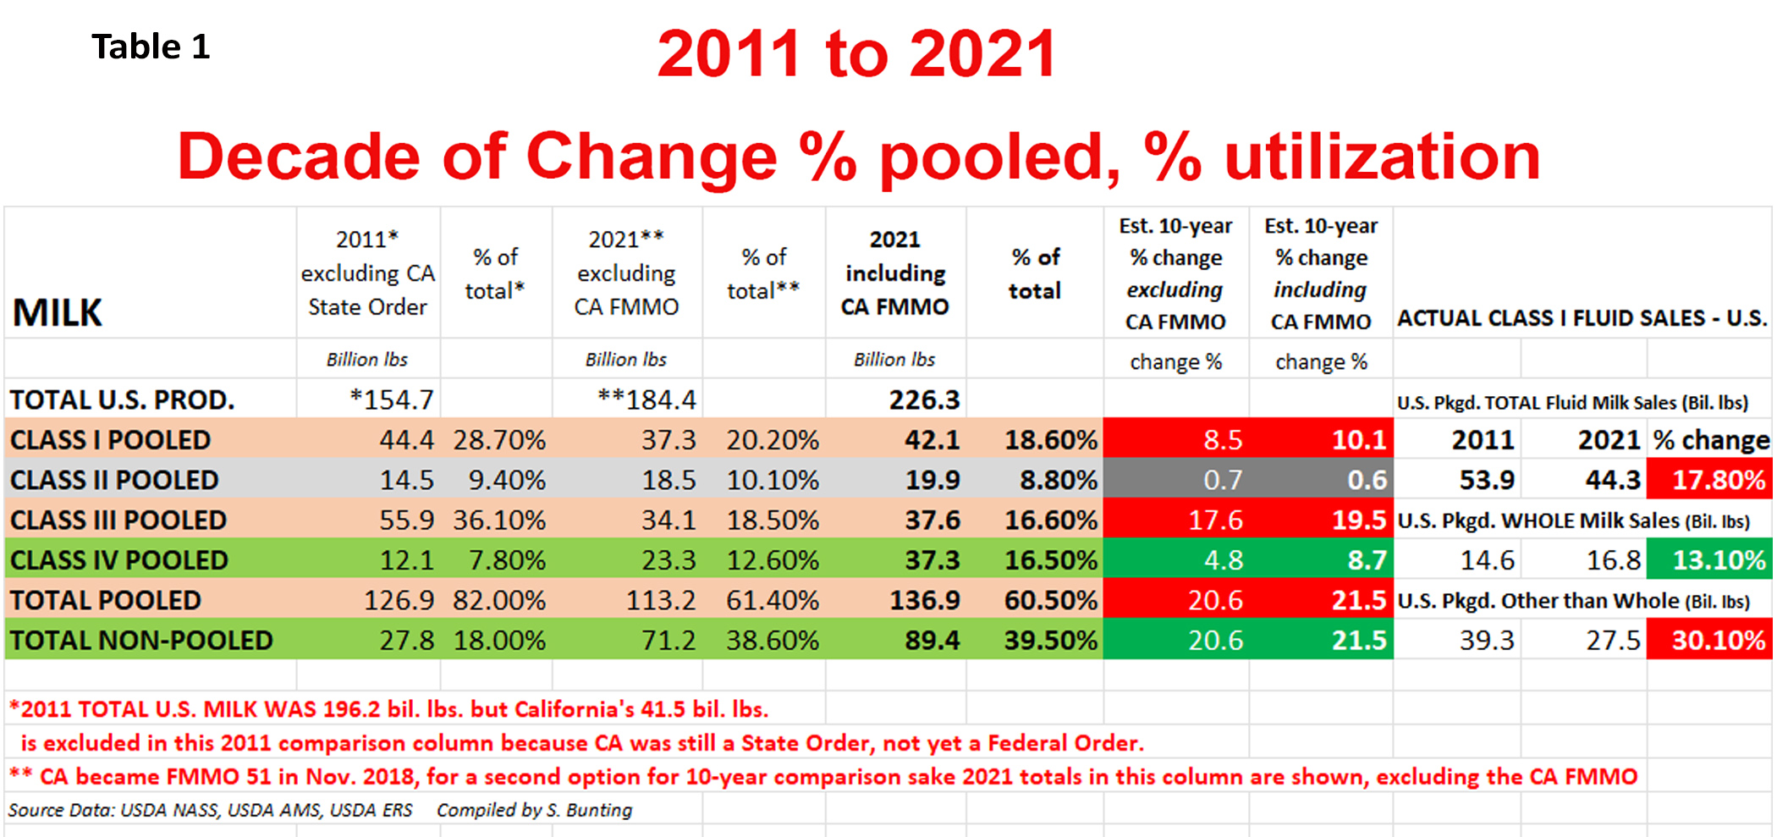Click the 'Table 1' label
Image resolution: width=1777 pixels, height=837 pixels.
coord(151,47)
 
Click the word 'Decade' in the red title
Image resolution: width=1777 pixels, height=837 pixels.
coord(298,157)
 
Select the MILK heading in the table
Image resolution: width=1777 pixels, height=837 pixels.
coord(57,312)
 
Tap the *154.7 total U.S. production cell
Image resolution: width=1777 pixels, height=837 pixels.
coord(392,399)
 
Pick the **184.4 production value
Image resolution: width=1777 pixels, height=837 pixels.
coord(647,399)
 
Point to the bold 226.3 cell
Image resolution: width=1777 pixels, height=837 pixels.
coord(924,399)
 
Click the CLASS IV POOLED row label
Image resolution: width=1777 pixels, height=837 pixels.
coord(119,559)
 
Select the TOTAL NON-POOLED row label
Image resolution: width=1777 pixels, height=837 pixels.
coord(141,640)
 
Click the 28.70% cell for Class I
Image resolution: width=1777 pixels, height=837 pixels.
coord(499,440)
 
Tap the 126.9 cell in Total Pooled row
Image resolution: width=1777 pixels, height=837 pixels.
coord(399,600)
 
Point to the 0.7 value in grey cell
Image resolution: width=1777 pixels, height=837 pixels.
coord(1223,480)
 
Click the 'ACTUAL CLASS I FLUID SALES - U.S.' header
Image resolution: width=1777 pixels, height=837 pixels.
coord(1582,318)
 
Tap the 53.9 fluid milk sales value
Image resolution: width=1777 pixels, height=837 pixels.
coord(1487,480)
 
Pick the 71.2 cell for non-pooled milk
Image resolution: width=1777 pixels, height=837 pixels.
coord(668,640)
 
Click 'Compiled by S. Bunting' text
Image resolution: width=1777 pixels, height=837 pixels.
coord(534,810)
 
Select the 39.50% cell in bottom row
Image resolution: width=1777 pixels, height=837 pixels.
coord(1050,640)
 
